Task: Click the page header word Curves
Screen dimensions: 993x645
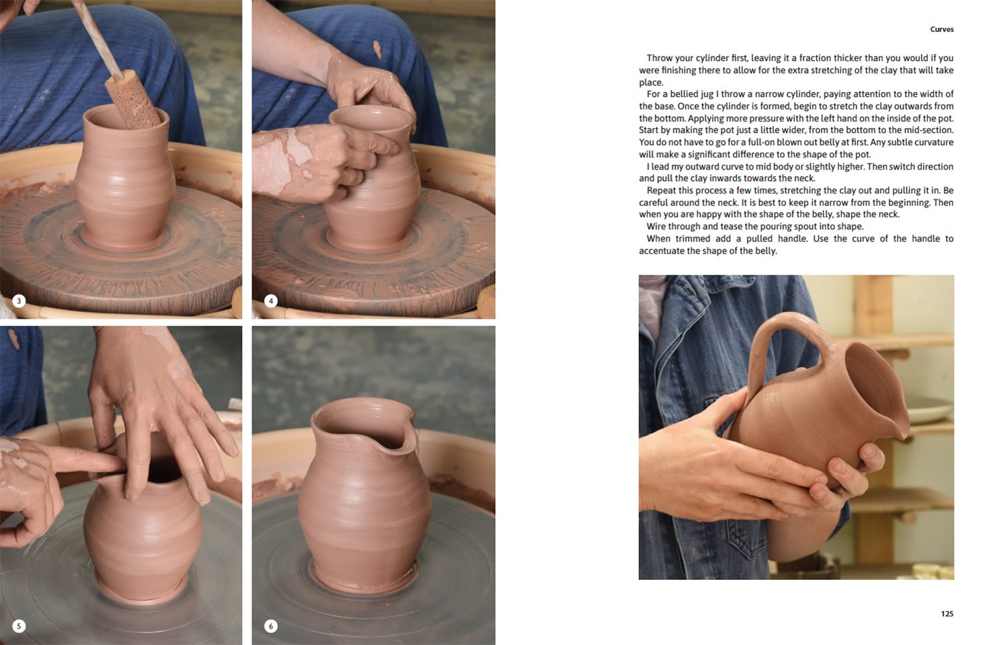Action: coord(941,29)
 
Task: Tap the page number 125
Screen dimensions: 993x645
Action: coord(947,614)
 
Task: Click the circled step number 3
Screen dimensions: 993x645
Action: coord(18,301)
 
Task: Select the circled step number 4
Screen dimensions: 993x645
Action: coord(271,301)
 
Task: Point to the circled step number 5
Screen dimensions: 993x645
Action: coord(18,626)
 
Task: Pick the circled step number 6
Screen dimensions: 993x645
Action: coord(271,626)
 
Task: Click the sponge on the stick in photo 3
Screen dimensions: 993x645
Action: coord(132,100)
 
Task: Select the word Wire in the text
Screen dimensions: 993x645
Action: coord(656,227)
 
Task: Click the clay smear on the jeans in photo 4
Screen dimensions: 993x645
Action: coord(377,49)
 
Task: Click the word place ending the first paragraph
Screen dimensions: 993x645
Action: coord(651,83)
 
